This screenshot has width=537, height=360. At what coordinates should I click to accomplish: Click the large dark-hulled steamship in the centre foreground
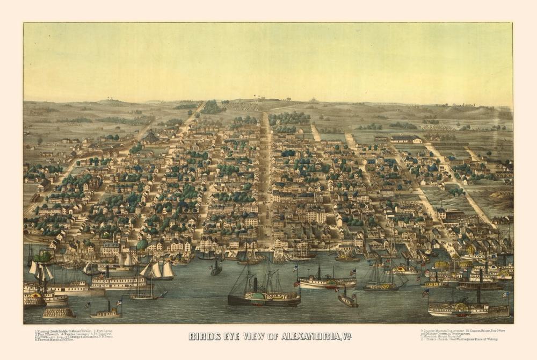[263, 298]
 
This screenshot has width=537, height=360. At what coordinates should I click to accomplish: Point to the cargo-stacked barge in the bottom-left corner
[59, 313]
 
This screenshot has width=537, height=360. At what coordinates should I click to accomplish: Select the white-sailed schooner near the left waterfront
[157, 271]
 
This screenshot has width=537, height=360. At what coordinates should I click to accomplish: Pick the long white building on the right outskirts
[405, 139]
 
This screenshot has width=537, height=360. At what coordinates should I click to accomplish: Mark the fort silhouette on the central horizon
[311, 100]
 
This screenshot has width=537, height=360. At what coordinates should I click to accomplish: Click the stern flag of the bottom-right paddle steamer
[504, 294]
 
